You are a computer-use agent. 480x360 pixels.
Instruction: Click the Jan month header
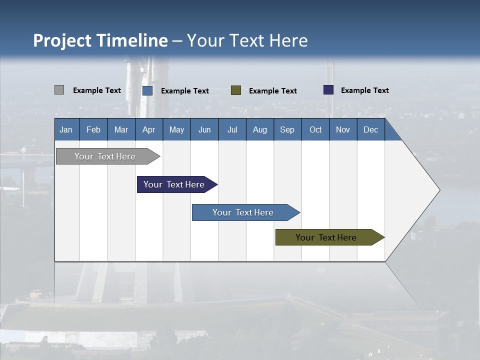point(66,129)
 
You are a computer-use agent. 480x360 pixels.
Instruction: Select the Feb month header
point(93,129)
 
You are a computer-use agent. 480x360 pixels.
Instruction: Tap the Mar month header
point(121,129)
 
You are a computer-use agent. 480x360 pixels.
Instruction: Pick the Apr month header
point(148,129)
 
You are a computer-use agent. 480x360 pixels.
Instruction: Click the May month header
point(176,129)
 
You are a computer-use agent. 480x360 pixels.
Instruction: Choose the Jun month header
point(204,129)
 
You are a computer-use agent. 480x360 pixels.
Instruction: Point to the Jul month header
point(232,129)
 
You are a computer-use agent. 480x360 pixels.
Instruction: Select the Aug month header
point(260,129)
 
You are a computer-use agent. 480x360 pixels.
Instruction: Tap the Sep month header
point(287,129)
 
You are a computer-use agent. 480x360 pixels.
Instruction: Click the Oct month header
point(315,129)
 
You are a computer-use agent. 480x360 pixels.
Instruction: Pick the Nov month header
point(343,129)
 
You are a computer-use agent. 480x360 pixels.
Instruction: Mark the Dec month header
point(371,129)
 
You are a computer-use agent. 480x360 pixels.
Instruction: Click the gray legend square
point(59,90)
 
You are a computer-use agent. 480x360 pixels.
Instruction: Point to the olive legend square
point(236,90)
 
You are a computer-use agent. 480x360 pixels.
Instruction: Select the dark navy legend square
point(328,90)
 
